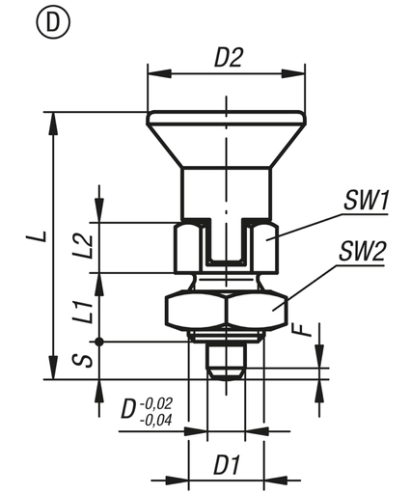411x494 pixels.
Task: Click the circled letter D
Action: click(46, 20)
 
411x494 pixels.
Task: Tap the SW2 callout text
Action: click(363, 254)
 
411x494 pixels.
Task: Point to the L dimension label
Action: click(33, 236)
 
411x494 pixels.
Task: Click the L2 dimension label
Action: click(85, 247)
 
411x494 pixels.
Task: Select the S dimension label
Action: click(85, 359)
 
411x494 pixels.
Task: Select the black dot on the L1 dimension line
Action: click(99, 341)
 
